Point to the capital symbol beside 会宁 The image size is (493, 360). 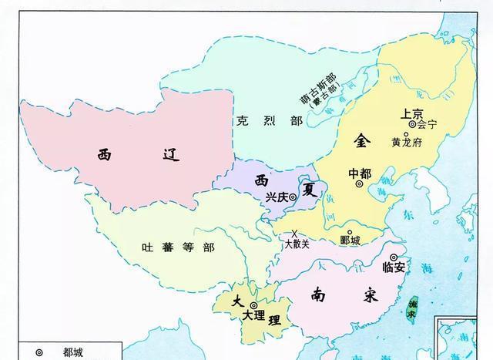(x=412, y=123)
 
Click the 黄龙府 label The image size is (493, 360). (x=407, y=143)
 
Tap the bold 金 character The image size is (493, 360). (x=362, y=142)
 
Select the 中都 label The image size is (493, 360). (x=360, y=173)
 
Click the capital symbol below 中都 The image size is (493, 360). (x=359, y=185)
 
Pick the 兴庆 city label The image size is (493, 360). (x=276, y=197)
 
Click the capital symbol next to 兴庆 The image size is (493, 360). (x=294, y=197)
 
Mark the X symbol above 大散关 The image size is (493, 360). (x=294, y=234)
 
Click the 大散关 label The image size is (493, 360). (x=297, y=244)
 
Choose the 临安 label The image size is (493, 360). (x=394, y=267)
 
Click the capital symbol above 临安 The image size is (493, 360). (x=394, y=257)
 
